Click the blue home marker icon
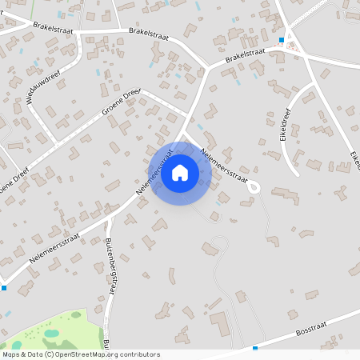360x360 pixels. click(x=180, y=173)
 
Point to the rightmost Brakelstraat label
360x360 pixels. click(x=245, y=55)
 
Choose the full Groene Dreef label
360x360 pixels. click(x=121, y=102)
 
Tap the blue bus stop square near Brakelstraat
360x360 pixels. click(x=282, y=39)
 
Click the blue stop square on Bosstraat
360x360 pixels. click(x=255, y=348)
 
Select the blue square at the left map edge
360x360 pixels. click(x=4, y=287)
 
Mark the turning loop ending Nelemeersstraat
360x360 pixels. click(x=254, y=186)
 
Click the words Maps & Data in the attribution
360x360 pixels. click(x=22, y=354)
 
